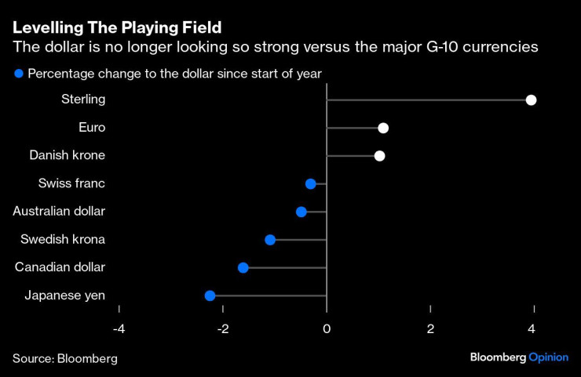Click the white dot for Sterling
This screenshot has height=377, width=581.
[531, 100]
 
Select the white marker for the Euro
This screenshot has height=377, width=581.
[383, 128]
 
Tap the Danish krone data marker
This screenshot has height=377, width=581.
[379, 156]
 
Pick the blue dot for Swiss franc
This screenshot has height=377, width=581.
[310, 183]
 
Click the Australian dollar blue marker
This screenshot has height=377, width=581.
[301, 212]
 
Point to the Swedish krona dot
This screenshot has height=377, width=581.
[270, 239]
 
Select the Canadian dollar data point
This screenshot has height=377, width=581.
[243, 267]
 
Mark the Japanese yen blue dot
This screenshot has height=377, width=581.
[210, 295]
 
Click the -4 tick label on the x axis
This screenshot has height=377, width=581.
[119, 328]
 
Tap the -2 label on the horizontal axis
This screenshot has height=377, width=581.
[222, 328]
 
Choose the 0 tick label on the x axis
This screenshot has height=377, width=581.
[327, 328]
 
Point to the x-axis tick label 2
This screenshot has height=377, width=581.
[430, 328]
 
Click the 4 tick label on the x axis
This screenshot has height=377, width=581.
[533, 328]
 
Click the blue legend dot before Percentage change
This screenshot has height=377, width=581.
[18, 74]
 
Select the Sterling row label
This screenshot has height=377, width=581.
[82, 100]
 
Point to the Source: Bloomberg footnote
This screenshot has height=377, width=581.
[64, 358]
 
